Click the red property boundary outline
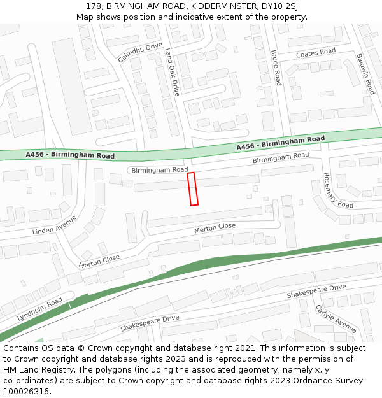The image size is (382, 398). point(193,188)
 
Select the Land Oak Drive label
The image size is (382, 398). point(173,72)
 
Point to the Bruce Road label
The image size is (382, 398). point(276,68)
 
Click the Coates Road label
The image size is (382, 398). point(315,53)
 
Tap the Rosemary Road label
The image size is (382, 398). point(337,190)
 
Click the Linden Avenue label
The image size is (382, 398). point(55,225)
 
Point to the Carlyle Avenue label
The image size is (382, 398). point(336,318)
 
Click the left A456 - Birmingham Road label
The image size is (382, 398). point(70,155)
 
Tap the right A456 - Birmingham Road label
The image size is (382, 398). point(280,143)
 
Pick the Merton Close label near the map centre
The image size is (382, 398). point(215,227)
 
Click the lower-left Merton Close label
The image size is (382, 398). point(99,260)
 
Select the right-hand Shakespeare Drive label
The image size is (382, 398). point(316,292)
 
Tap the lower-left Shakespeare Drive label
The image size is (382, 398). point(150,323)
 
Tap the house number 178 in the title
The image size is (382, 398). point(94,6)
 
